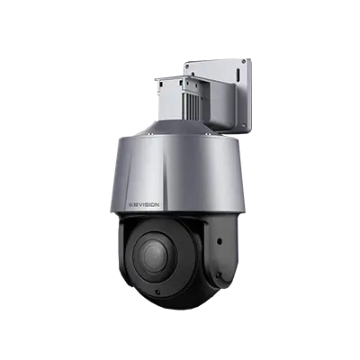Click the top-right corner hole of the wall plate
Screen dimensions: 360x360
coord(243,62)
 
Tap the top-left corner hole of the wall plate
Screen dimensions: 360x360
coord(188,68)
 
